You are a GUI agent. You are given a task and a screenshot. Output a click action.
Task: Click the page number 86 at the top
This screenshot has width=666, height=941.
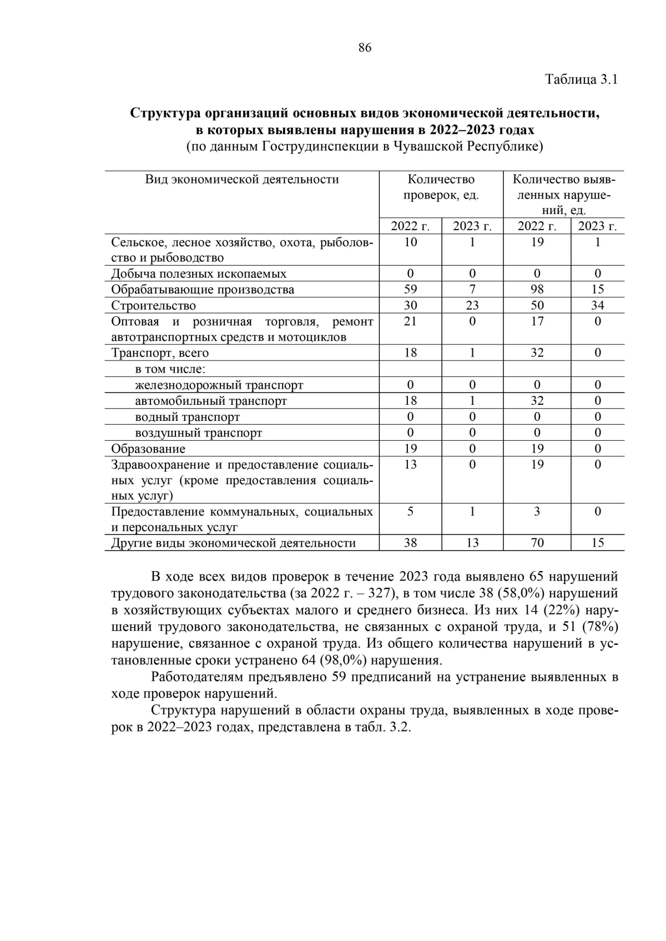pyautogui.click(x=365, y=48)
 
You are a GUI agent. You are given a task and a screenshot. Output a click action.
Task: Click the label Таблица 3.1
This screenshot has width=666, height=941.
pyautogui.click(x=581, y=79)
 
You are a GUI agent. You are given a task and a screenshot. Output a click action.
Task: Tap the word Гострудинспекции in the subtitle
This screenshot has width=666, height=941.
pyautogui.click(x=320, y=147)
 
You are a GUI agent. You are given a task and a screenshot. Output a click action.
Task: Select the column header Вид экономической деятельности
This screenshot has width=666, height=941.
pyautogui.click(x=242, y=179)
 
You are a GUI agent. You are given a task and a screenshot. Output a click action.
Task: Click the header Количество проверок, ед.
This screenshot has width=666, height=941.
pyautogui.click(x=441, y=187)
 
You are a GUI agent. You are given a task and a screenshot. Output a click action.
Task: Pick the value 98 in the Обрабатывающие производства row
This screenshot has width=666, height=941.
pyautogui.click(x=537, y=289)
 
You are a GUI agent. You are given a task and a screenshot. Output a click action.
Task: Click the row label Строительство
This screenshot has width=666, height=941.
pyautogui.click(x=154, y=306)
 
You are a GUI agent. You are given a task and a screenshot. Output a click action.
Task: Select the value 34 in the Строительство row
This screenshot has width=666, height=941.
pyautogui.click(x=597, y=306)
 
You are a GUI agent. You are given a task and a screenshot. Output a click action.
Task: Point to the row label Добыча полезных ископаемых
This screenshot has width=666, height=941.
pyautogui.click(x=199, y=274)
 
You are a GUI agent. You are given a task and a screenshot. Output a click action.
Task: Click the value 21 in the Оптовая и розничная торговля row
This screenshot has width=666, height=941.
pyautogui.click(x=410, y=322)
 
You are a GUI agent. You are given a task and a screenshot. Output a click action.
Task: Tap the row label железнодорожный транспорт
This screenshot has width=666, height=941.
pyautogui.click(x=219, y=385)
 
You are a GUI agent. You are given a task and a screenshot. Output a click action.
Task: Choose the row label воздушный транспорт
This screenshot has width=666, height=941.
pyautogui.click(x=198, y=433)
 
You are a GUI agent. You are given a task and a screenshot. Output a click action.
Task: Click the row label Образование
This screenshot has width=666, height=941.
pyautogui.click(x=148, y=449)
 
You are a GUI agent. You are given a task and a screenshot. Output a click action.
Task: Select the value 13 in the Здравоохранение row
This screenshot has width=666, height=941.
pyautogui.click(x=410, y=465)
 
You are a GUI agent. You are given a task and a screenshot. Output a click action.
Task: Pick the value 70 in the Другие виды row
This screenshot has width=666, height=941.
pyautogui.click(x=537, y=543)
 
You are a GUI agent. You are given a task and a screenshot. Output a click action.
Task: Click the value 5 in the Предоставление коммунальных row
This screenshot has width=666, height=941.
pyautogui.click(x=410, y=511)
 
